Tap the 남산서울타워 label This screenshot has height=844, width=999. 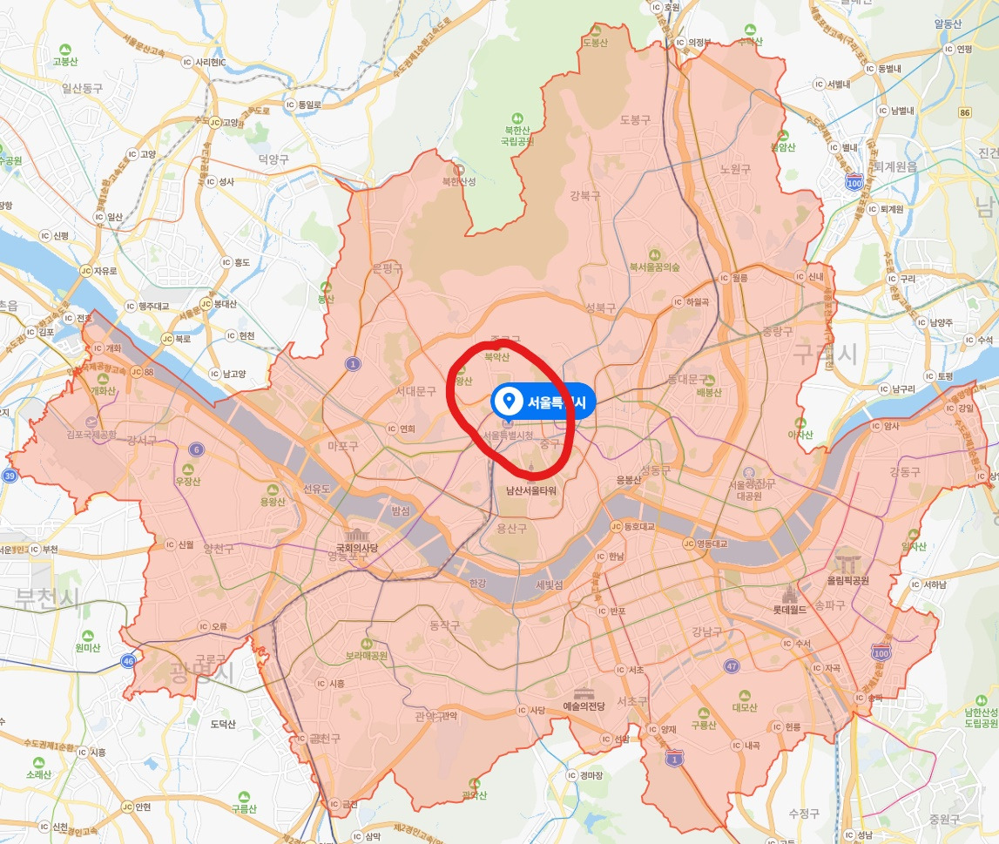click(x=530, y=490)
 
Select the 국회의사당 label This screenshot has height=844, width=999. click(x=358, y=548)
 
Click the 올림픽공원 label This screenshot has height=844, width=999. click(x=848, y=579)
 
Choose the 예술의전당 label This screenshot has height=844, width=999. click(x=584, y=706)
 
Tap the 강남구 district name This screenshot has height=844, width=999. click(x=706, y=631)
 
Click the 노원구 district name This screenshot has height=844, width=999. click(x=735, y=169)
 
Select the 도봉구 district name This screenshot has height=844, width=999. click(x=635, y=119)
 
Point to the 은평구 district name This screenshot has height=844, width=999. click(x=388, y=268)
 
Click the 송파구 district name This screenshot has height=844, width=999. click(x=829, y=604)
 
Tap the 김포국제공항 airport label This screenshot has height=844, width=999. click(x=91, y=433)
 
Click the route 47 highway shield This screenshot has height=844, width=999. click(x=732, y=665)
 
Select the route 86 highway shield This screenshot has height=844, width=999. click(x=964, y=112)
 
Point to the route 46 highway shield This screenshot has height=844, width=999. click(x=128, y=661)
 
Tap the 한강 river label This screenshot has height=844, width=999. click(x=477, y=584)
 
